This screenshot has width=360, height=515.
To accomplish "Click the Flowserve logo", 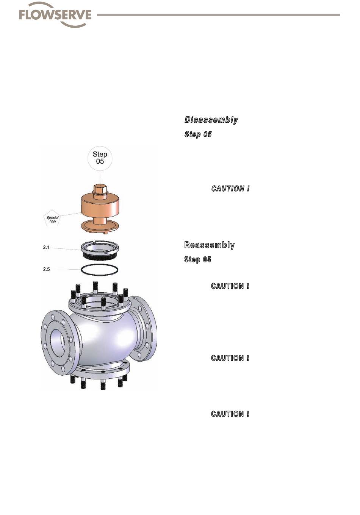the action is click(55, 15).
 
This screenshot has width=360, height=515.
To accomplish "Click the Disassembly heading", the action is click(211, 120).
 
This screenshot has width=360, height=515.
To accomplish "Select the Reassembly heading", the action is click(209, 245).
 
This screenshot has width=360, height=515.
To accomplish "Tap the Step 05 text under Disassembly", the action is click(198, 134).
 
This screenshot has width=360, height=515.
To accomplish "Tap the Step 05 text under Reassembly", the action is click(197, 259).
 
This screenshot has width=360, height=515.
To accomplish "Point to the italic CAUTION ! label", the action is click(230, 189).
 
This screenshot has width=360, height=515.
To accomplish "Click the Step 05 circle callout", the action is click(100, 158).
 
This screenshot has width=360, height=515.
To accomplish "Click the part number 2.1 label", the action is click(46, 247).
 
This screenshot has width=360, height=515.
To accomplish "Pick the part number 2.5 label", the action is click(46, 269).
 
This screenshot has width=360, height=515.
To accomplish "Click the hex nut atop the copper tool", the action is click(100, 189).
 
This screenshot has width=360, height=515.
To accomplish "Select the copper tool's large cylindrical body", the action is click(100, 206).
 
